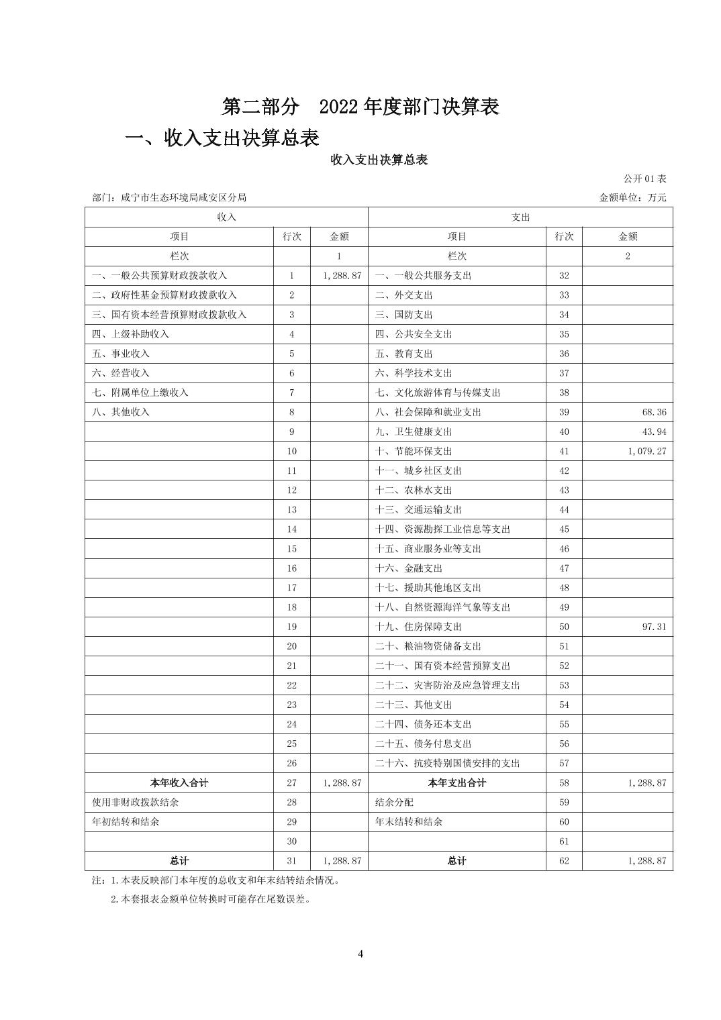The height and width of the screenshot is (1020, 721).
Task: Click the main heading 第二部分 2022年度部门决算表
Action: [360, 106]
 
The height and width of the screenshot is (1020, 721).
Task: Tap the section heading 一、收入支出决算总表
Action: [222, 138]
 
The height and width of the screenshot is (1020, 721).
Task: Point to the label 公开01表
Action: [644, 178]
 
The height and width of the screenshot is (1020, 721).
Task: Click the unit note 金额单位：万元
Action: [632, 197]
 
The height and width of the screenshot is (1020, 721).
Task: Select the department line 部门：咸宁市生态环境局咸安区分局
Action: [169, 197]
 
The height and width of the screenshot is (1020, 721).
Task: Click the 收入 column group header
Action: [226, 217]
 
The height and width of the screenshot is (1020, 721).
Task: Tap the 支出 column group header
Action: [520, 217]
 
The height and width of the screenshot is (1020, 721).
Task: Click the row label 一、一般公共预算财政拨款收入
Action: [160, 275]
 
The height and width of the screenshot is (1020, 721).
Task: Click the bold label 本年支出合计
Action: [456, 782]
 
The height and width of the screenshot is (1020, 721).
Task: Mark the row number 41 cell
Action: [564, 451]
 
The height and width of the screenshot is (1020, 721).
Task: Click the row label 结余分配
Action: [394, 802]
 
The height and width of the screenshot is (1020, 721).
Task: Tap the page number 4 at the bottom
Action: [360, 954]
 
